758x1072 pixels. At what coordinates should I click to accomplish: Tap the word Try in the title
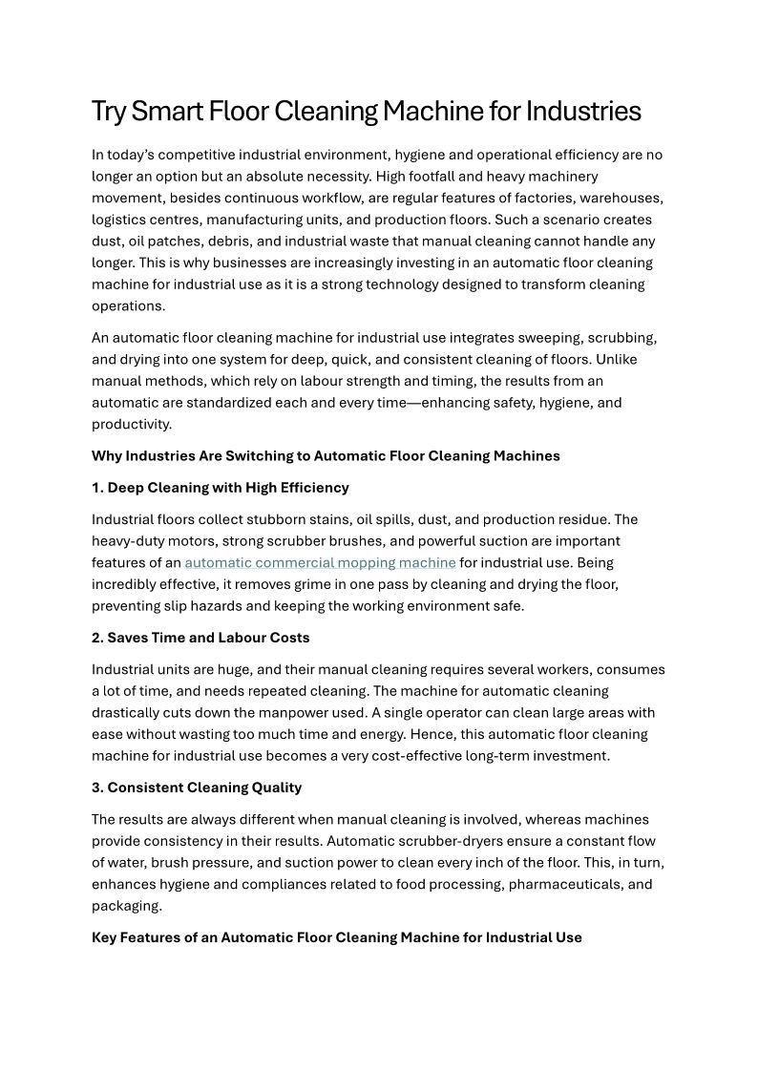point(109,112)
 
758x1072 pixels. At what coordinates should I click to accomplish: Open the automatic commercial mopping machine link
point(320,562)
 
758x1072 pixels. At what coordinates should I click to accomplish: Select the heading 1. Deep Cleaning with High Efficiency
point(221,488)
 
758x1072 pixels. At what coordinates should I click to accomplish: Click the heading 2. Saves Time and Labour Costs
point(200,638)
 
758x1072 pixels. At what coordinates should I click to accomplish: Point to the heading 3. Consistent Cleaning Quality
point(197,788)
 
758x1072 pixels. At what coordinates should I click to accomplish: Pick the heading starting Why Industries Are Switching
point(326,455)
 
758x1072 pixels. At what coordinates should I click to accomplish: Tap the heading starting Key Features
point(337,937)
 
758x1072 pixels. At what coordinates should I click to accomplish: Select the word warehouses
point(625,198)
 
